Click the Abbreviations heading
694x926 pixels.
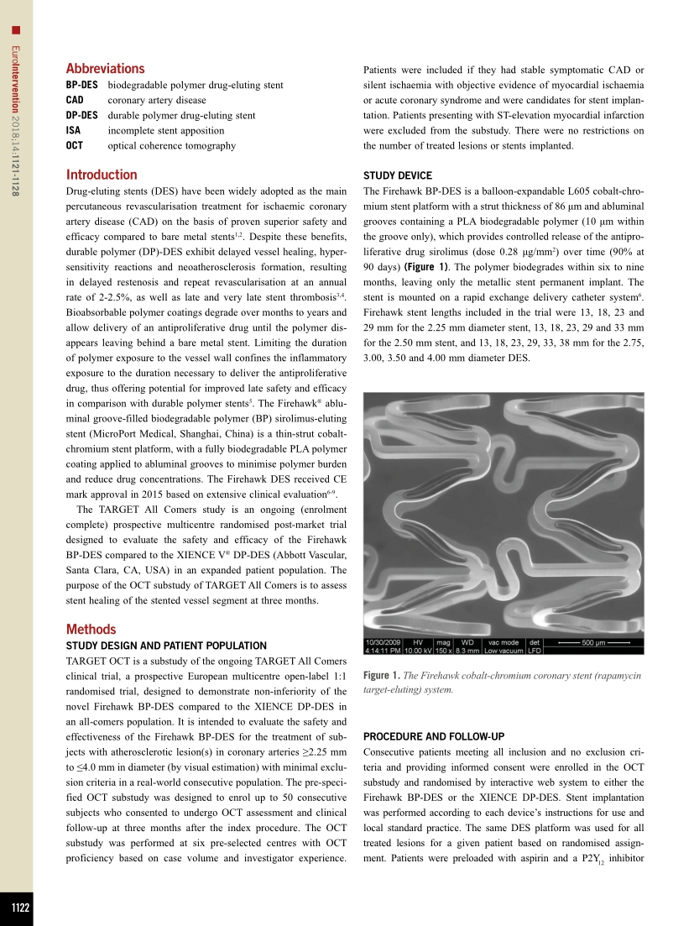click(105, 69)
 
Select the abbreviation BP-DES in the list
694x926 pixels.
click(81, 85)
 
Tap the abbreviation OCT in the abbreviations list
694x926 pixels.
click(75, 145)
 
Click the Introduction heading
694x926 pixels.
click(101, 175)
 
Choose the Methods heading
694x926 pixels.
click(91, 629)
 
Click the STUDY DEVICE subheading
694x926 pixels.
click(397, 175)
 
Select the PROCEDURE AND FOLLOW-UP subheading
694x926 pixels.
click(433, 736)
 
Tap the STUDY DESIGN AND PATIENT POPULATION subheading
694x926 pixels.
click(166, 646)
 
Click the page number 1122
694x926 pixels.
click(16, 908)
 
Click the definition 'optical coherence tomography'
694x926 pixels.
click(172, 145)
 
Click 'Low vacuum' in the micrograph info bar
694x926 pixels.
click(502, 651)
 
